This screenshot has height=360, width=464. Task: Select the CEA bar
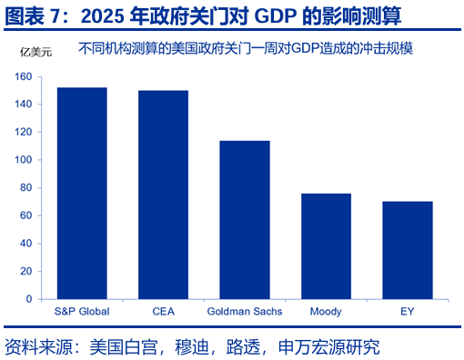pos(163,195)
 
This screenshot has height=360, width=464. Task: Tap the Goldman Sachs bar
pos(244,219)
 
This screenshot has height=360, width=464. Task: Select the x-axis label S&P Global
pos(82,311)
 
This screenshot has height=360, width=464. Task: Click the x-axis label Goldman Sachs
pos(244,311)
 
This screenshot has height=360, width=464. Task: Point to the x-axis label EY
pos(407,311)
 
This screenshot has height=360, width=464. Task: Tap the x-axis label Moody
pos(326,311)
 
